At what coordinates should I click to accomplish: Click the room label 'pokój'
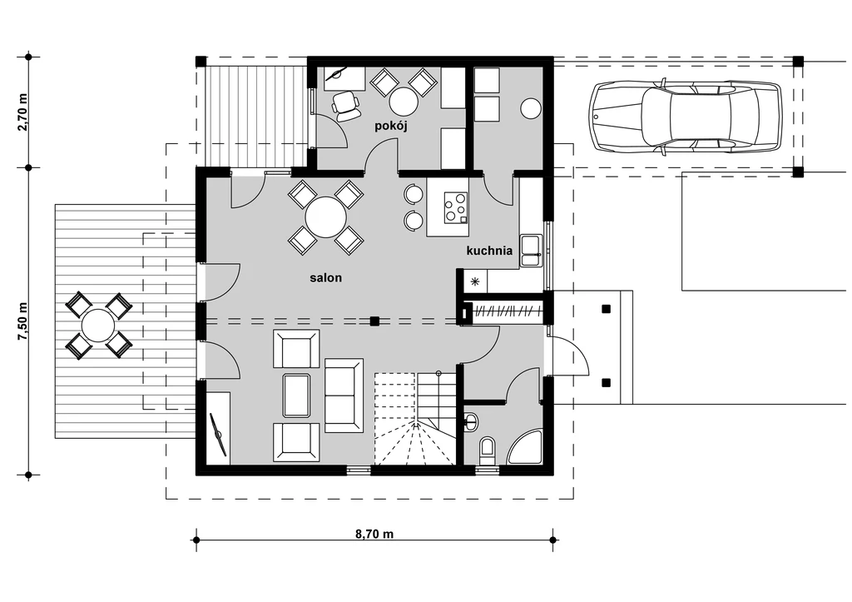pyautogui.click(x=391, y=127)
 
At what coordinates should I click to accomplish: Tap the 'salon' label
pyautogui.click(x=326, y=278)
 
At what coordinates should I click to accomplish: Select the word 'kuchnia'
pyautogui.click(x=489, y=251)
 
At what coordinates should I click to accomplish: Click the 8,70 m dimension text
pyautogui.click(x=374, y=534)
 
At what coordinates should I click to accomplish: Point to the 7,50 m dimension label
pyautogui.click(x=22, y=321)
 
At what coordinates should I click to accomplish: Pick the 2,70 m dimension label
pyautogui.click(x=22, y=112)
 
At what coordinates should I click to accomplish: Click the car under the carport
pyautogui.click(x=686, y=117)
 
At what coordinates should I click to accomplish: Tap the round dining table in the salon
pyautogui.click(x=325, y=217)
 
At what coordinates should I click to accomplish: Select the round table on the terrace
pyautogui.click(x=98, y=326)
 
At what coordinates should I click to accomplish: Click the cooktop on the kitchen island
pyautogui.click(x=455, y=207)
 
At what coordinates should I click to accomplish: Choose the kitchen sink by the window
pyautogui.click(x=530, y=251)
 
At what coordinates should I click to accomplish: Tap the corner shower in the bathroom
pyautogui.click(x=526, y=447)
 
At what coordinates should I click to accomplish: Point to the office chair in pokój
pyautogui.click(x=346, y=106)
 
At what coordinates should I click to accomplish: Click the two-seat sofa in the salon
pyautogui.click(x=344, y=396)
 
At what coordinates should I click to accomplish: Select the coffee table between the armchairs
pyautogui.click(x=297, y=396)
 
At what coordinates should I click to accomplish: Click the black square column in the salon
pyautogui.click(x=374, y=321)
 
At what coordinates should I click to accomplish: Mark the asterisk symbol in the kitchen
pyautogui.click(x=475, y=281)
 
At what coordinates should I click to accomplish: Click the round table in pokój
pyautogui.click(x=404, y=102)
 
